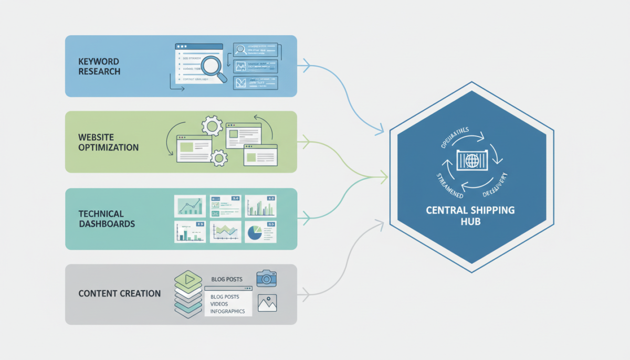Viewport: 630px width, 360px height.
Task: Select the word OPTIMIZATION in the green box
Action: point(109,147)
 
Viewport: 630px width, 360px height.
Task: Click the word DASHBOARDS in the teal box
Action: point(107,224)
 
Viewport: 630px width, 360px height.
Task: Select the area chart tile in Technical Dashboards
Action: point(225,231)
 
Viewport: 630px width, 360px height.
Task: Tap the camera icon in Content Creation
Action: point(267,278)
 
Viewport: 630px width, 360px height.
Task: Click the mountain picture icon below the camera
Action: point(267,303)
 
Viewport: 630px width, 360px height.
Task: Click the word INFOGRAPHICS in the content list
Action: point(227,311)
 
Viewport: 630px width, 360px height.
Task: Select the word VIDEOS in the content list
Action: point(219,304)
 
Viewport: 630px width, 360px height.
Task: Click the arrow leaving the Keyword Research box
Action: point(305,67)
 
